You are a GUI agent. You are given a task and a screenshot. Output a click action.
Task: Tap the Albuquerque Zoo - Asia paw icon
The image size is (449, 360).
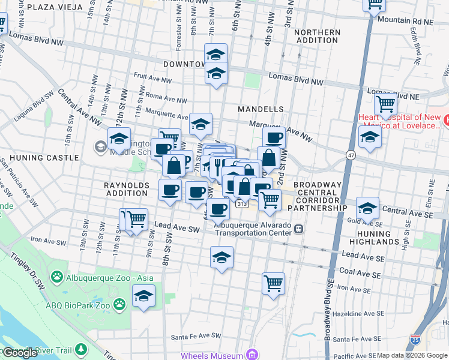[x=57, y=277]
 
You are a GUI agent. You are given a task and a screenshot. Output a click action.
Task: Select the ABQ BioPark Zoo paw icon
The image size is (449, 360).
[x=121, y=304]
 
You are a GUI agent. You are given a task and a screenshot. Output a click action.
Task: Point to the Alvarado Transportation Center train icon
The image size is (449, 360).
[x=298, y=228]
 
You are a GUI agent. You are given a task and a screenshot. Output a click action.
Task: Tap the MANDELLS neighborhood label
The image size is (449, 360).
[x=260, y=109]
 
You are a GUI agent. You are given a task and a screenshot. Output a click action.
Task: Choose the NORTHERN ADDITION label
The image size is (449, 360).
[x=318, y=36]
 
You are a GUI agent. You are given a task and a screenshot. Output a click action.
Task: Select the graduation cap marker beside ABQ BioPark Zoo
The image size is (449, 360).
[x=143, y=296]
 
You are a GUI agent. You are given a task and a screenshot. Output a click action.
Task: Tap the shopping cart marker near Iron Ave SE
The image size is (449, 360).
[x=273, y=283]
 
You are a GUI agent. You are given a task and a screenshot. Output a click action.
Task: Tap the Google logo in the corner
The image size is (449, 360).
[x=20, y=353]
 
